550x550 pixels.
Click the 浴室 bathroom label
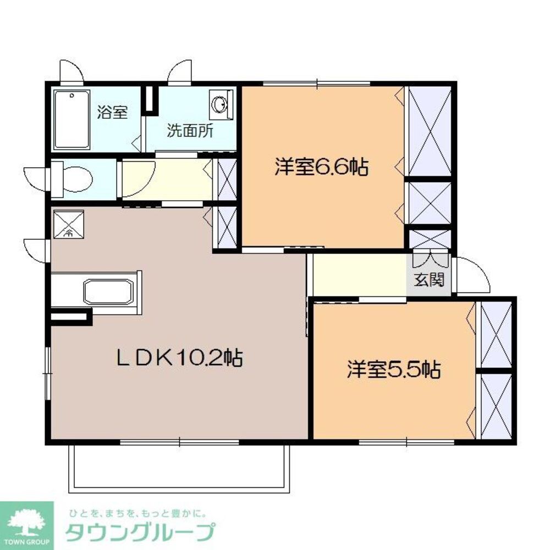coord(112,113)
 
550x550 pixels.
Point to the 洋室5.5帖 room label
coord(393,370)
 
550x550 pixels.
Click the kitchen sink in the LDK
coord(108,291)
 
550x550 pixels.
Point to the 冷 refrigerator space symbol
coord(68,224)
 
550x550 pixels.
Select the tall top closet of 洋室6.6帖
coord(430,130)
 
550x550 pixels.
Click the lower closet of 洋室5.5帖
coord(496,406)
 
